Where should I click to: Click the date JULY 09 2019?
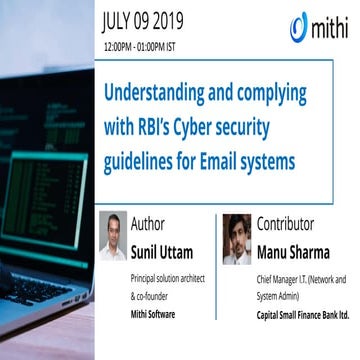tap(157, 19)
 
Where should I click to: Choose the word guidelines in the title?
tap(149, 159)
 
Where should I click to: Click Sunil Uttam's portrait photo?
tap(114, 237)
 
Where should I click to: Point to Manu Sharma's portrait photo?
tap(236, 239)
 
